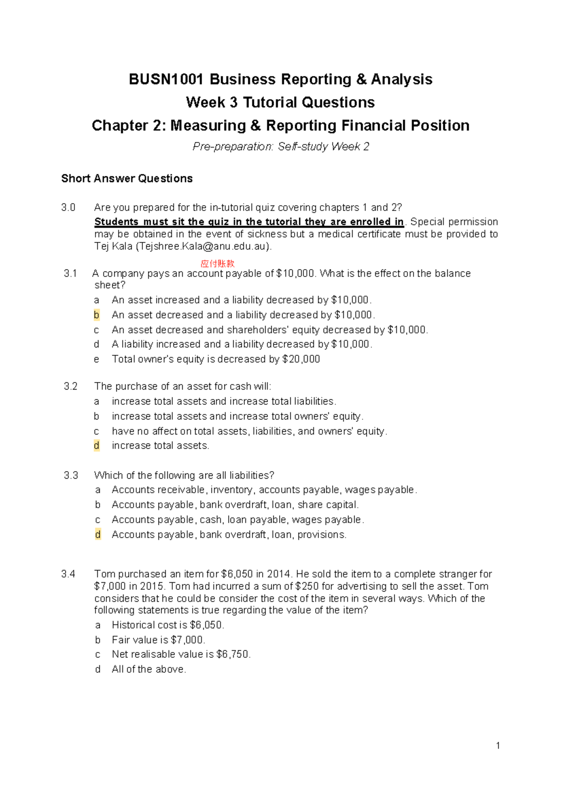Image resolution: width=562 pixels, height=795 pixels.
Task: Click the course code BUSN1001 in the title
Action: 166,79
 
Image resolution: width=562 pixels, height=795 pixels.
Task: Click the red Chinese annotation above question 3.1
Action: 217,264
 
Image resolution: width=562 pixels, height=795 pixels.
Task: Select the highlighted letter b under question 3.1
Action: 96,315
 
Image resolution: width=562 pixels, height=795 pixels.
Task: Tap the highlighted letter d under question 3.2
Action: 96,446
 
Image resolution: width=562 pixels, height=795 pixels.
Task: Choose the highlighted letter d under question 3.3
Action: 97,534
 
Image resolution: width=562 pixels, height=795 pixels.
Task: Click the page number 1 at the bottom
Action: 498,746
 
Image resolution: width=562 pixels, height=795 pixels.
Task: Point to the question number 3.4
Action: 68,574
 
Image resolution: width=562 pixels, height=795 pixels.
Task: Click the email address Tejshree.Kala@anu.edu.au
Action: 203,247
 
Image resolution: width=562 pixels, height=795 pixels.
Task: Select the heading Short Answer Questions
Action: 127,179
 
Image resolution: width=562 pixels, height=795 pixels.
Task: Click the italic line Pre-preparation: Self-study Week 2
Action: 281,147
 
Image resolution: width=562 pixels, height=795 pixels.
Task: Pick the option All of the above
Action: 148,669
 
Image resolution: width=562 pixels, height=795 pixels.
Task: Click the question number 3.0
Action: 68,208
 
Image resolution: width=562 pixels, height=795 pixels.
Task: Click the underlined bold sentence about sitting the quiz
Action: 249,222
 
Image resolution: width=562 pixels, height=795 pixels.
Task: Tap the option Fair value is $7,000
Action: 158,640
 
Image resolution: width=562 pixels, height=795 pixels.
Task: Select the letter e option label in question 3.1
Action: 96,360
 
